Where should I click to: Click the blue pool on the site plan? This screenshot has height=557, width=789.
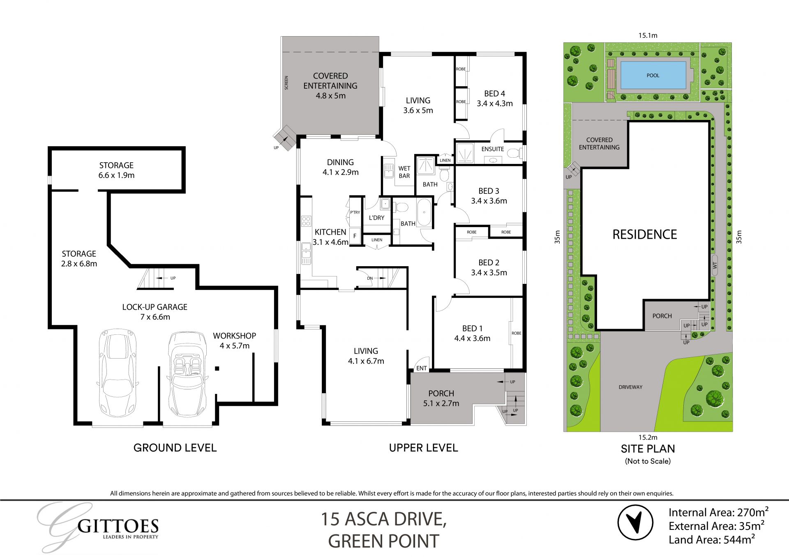653,75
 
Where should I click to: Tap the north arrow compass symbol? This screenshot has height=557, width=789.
635,522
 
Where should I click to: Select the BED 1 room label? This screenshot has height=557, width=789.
472,333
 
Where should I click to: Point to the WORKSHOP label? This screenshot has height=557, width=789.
234,340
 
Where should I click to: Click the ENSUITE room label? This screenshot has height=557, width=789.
492,149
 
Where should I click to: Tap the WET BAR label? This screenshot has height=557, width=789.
404,172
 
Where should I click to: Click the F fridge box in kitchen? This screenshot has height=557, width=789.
355,236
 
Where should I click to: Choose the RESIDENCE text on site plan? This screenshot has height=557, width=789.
644,234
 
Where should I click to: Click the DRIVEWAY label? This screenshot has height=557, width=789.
630,387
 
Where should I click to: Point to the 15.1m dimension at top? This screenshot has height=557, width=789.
648,35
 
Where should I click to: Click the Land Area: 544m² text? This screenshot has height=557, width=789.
711,540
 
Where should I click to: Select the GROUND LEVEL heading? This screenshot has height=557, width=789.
175,448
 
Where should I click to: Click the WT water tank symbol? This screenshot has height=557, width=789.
715,265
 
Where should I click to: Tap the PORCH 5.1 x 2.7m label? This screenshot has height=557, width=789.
441,398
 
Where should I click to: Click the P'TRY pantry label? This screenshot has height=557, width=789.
355,212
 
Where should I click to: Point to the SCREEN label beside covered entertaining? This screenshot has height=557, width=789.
286,83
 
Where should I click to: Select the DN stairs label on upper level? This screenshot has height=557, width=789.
370,278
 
